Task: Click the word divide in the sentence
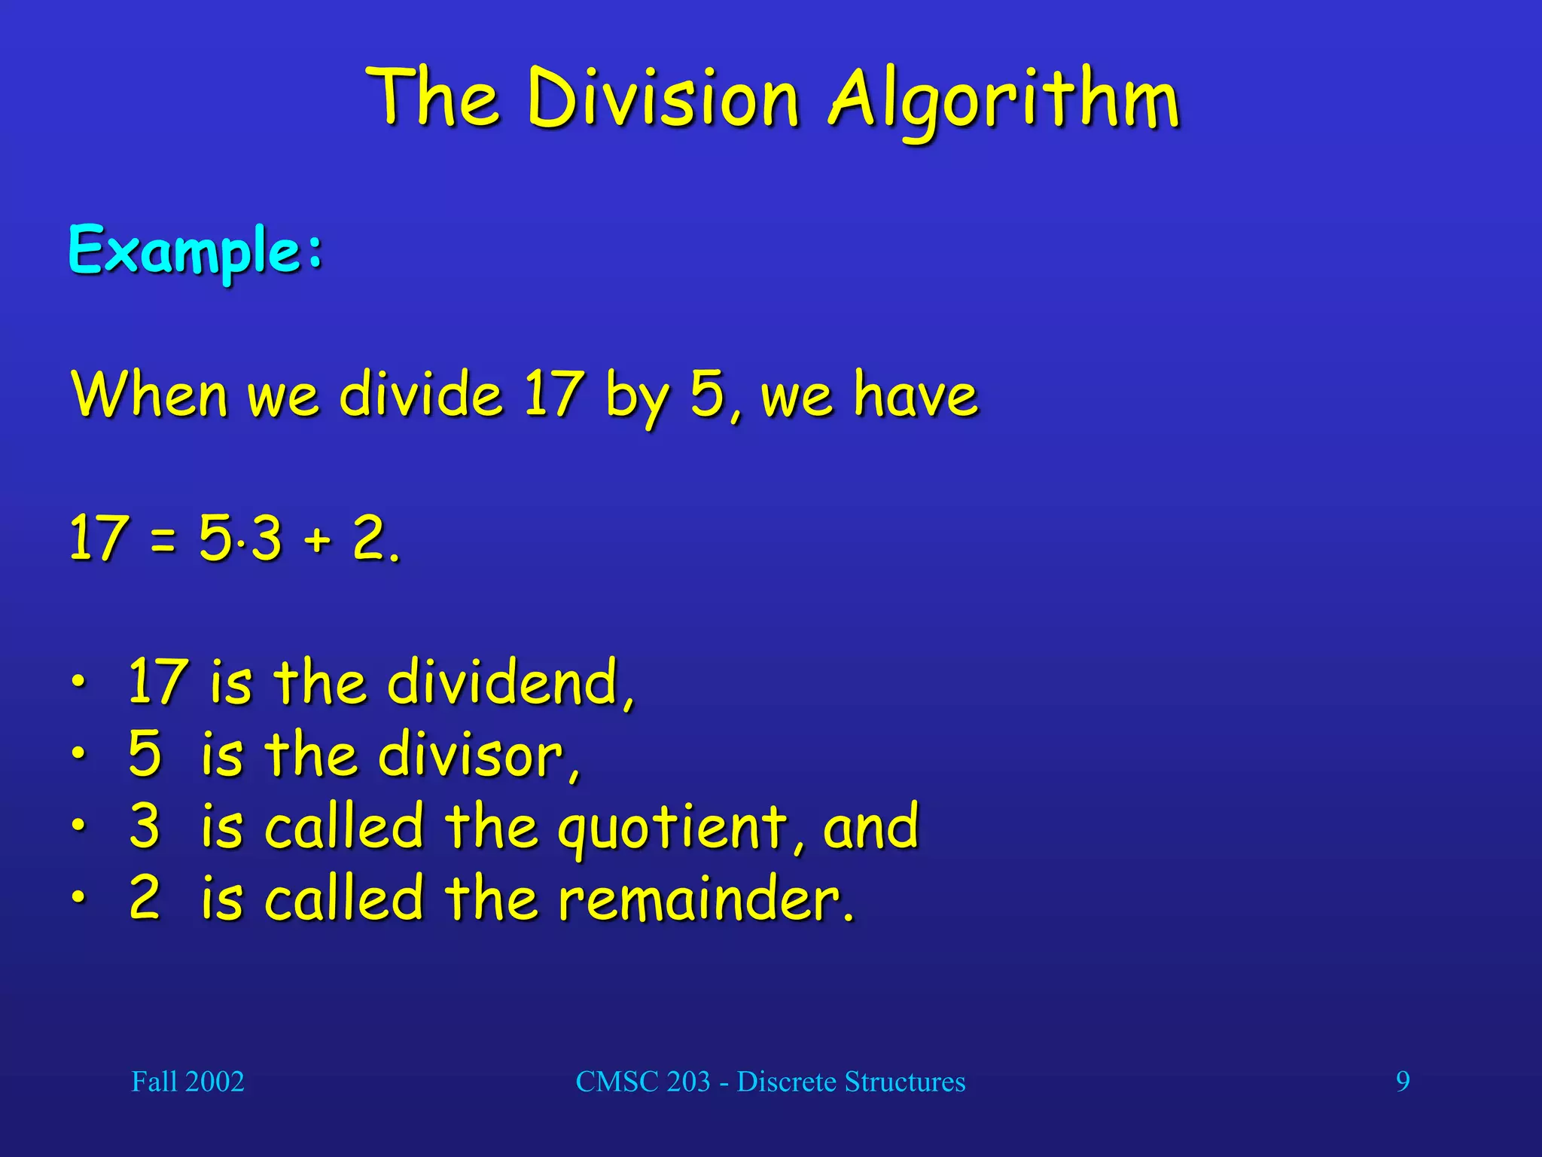tap(421, 394)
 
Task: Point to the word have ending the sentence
tap(915, 394)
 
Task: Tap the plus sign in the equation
tap(318, 539)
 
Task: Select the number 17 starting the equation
tap(96, 538)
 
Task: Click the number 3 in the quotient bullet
tap(145, 826)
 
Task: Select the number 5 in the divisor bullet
tap(145, 753)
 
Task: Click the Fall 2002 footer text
tap(187, 1082)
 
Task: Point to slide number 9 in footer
tap(1403, 1082)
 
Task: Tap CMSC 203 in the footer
tap(643, 1082)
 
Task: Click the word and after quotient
tap(870, 827)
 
